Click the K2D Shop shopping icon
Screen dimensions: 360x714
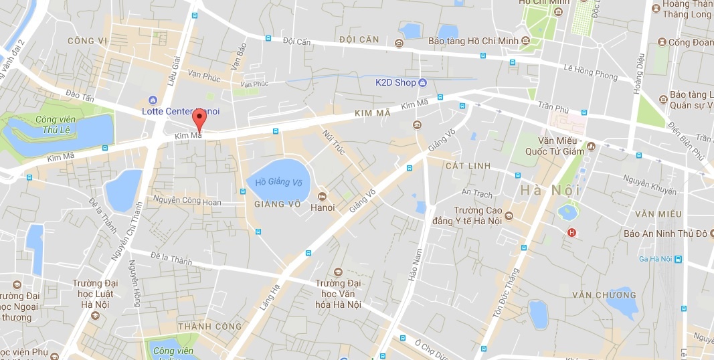click(x=422, y=83)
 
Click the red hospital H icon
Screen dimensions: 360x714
click(x=571, y=232)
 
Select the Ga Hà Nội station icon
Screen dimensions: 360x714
click(x=678, y=259)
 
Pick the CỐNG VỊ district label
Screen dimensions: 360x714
click(x=88, y=41)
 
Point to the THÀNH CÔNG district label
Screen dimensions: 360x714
click(x=204, y=326)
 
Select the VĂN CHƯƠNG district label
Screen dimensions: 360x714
click(x=604, y=294)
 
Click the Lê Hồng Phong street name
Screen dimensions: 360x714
click(x=590, y=72)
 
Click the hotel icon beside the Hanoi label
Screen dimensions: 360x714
click(x=322, y=196)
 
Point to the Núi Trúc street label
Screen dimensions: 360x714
click(x=334, y=143)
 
